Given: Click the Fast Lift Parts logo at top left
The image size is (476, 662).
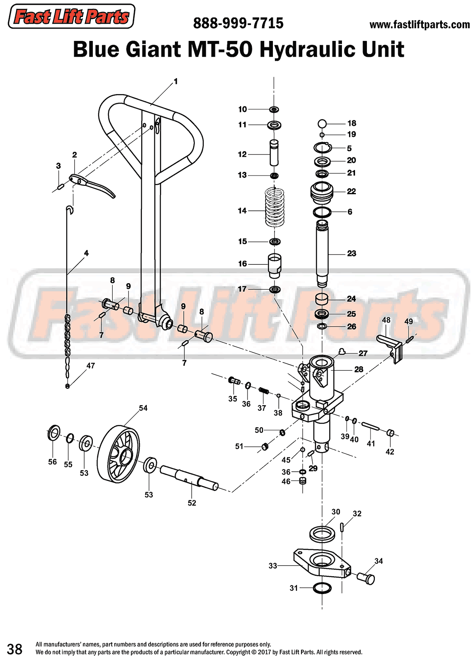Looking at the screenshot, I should [71, 17].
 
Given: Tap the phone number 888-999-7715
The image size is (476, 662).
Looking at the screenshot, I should [238, 23].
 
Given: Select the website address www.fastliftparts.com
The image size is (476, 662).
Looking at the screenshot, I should [419, 25].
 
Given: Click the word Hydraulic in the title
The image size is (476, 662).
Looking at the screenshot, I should [303, 50].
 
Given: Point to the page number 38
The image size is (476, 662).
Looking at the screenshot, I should [15, 649].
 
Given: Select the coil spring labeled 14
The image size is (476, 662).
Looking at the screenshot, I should [274, 207].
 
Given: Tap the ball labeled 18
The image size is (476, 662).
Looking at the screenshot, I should [322, 124].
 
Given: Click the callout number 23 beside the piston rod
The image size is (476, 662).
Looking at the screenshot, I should [351, 253].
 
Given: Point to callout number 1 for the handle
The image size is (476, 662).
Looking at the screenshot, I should [175, 81].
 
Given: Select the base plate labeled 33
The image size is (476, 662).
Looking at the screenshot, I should [321, 564].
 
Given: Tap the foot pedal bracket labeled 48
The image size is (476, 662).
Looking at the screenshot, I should [391, 346].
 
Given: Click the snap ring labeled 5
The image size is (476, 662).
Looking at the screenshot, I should [322, 148].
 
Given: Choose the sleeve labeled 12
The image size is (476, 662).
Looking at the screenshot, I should [274, 153].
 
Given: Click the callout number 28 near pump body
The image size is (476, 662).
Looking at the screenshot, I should [359, 370].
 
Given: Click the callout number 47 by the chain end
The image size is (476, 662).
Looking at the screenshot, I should [90, 366].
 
